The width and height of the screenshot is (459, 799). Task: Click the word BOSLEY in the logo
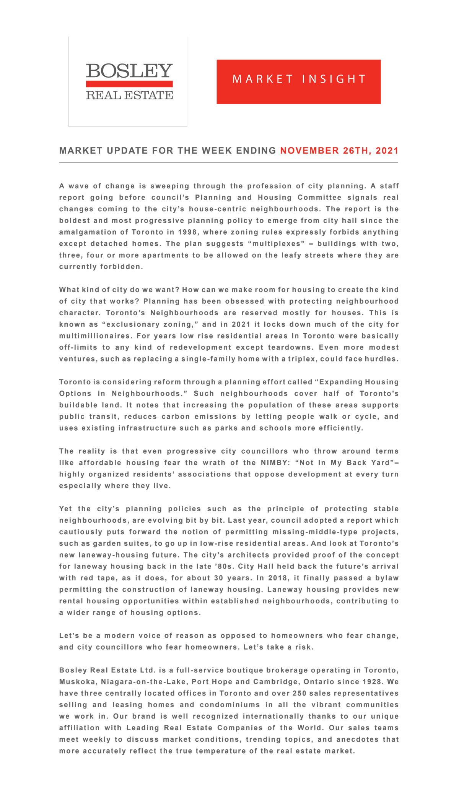(129, 71)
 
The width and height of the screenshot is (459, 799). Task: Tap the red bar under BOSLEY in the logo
(129, 84)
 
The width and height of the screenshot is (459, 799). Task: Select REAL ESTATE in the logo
(129, 95)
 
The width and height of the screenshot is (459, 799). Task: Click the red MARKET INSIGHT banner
(298, 81)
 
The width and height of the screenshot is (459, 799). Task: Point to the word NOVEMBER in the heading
(309, 151)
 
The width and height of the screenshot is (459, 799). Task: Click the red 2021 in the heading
(387, 151)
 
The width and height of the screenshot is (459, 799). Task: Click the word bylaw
(387, 578)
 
